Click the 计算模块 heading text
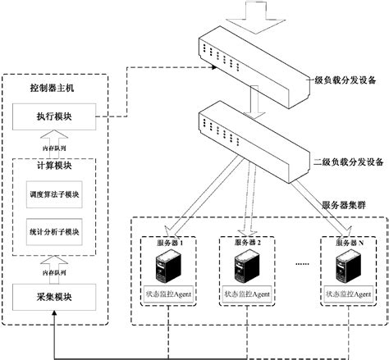(x=53, y=166)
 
